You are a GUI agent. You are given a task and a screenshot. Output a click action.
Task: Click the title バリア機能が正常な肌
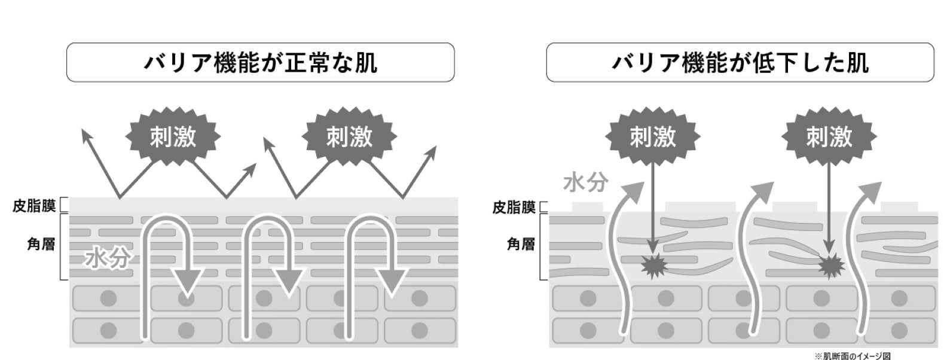261,62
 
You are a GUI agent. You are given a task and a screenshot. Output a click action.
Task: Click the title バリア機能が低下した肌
740,62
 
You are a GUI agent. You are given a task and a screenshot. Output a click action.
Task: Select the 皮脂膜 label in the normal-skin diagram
34,206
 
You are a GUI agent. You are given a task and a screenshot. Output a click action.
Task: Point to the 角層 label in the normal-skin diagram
41,245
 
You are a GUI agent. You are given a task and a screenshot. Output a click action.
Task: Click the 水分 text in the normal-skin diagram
108,259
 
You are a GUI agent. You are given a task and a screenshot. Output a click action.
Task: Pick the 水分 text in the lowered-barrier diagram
585,183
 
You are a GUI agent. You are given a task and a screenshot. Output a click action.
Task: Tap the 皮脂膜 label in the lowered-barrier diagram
514,208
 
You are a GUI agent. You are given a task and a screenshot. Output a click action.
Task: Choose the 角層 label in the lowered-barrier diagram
521,245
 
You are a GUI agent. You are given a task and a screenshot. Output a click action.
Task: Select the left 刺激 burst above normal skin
173,138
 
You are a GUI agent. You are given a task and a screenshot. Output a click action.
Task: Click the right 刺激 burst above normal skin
349,138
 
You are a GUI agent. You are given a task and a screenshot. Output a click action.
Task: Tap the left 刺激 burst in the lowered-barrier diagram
652,138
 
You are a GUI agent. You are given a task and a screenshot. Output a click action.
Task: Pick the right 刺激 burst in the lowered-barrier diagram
829,138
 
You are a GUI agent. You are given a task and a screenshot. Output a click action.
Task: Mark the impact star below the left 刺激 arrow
653,266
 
